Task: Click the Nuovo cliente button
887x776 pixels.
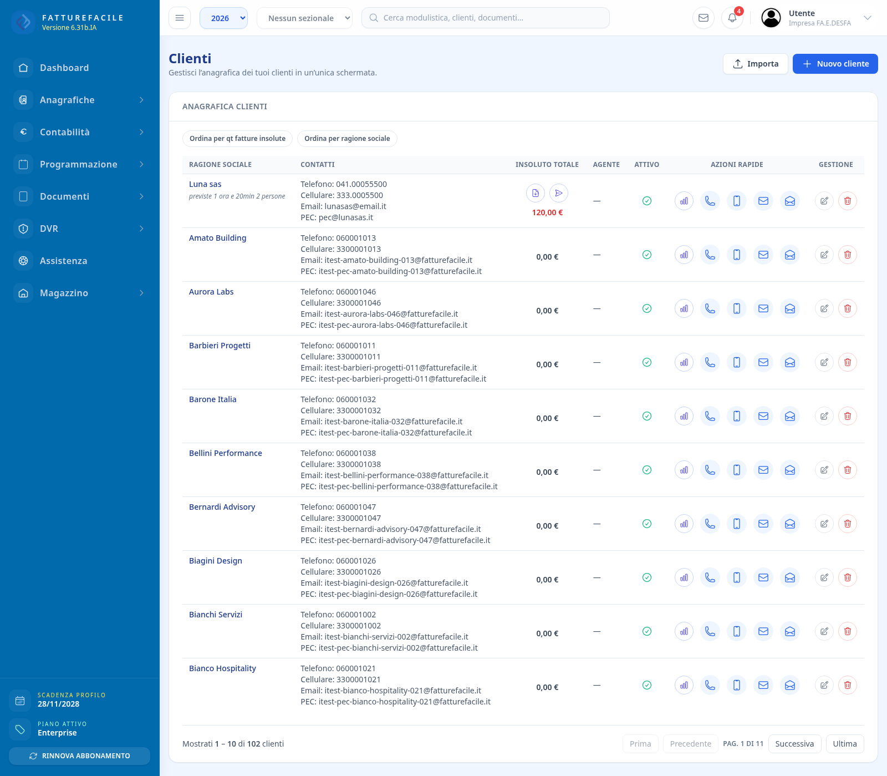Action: click(x=835, y=64)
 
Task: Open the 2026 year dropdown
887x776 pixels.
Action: click(x=223, y=18)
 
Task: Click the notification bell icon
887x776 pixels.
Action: click(x=732, y=18)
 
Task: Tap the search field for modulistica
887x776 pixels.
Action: click(x=486, y=18)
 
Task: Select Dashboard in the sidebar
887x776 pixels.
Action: click(x=64, y=68)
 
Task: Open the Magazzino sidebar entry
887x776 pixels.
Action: click(x=64, y=293)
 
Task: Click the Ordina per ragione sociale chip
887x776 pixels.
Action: click(x=347, y=139)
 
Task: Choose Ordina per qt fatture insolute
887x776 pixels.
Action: click(x=237, y=139)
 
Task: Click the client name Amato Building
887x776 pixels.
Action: click(x=217, y=238)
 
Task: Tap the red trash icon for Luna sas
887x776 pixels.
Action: click(x=848, y=201)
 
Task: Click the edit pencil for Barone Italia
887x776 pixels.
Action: click(x=824, y=416)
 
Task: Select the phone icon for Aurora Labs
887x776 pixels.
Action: click(x=710, y=308)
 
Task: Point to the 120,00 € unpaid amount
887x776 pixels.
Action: click(x=547, y=212)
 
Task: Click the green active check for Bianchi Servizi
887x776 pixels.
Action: click(x=647, y=631)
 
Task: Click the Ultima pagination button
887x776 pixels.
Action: click(x=845, y=744)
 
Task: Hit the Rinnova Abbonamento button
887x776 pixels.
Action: click(x=80, y=756)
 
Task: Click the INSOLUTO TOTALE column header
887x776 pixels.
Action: click(x=547, y=165)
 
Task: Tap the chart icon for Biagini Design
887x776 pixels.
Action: click(x=684, y=577)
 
